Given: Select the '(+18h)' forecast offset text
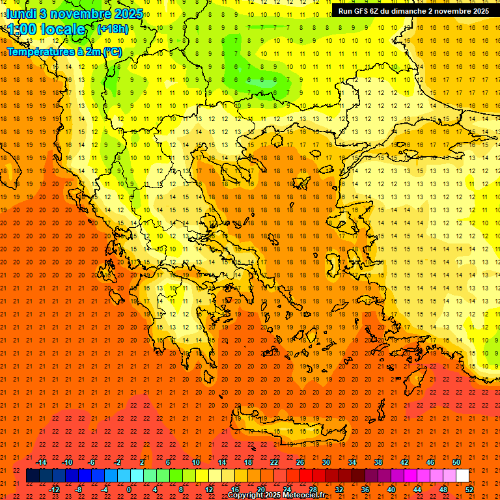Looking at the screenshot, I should coord(112,29).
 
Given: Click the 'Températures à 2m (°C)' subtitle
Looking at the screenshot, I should coord(64,51).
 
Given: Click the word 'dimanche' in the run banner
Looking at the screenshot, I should coord(409,11).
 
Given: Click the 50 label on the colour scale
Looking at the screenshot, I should coord(456,462).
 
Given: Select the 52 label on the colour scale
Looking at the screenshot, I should coord(469,490).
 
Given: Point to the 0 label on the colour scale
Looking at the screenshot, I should coord(128,490).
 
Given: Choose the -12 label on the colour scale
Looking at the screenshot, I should coord(54,490).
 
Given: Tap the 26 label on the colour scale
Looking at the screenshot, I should coord(299,462).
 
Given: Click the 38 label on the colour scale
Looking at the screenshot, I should coord(378,462).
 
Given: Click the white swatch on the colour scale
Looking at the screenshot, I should coord(462,476).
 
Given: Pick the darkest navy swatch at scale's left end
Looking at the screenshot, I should coord(33,476).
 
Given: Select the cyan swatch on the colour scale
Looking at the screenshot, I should coord(137,476).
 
